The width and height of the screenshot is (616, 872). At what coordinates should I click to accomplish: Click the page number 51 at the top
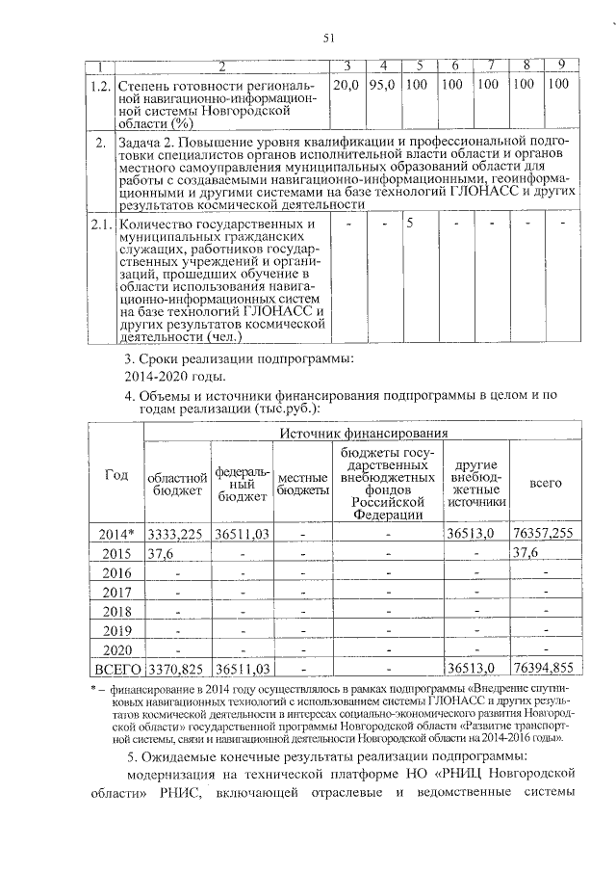[327, 38]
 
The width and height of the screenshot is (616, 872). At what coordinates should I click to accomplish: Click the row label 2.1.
[100, 225]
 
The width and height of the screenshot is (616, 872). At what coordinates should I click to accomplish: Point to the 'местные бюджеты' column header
[302, 485]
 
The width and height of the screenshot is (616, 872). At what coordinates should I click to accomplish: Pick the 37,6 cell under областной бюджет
[161, 553]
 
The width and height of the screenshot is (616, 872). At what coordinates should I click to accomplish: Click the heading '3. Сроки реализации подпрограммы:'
[240, 358]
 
